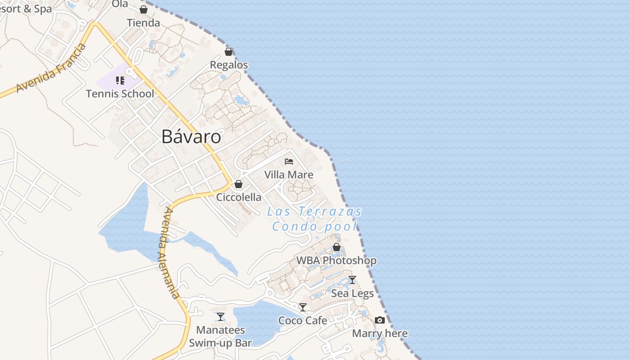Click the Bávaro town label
point(191,137)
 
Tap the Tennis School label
point(120,94)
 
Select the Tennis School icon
point(120,81)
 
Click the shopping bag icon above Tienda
point(144,9)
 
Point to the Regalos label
point(229,65)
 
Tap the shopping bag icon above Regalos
point(229,52)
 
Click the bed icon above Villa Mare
point(289,161)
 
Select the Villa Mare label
point(289,175)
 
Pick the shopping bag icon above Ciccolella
point(238,184)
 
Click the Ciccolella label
point(238,197)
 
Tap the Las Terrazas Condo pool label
point(315,219)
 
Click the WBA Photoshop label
point(336,260)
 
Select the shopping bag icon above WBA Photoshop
point(336,247)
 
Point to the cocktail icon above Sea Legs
point(352,280)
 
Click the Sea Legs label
point(352,293)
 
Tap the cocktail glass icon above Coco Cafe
point(303,307)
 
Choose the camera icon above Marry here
point(380,320)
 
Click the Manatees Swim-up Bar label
point(220,336)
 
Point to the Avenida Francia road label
point(51,69)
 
